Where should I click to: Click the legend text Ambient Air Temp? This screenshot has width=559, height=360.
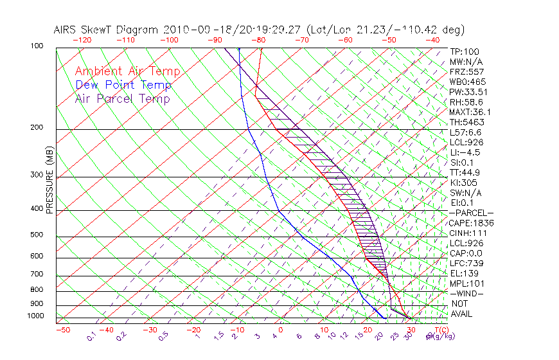[127, 72]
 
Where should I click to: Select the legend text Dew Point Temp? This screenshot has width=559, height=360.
[123, 85]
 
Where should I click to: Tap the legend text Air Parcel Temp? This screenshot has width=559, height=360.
[122, 99]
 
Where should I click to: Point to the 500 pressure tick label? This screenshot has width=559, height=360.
[37, 235]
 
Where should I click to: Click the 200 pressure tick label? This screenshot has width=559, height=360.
[37, 128]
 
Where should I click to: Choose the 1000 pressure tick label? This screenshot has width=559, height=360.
[35, 316]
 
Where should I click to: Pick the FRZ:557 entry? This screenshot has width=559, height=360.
[466, 72]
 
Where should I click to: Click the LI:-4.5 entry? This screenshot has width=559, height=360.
[465, 152]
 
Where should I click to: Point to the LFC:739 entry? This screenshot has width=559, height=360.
[466, 264]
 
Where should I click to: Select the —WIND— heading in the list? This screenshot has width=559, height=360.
[467, 294]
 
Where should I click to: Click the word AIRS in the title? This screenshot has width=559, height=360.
[67, 30]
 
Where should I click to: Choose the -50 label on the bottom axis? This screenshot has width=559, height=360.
[62, 330]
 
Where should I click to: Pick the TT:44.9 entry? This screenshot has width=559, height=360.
[465, 172]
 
